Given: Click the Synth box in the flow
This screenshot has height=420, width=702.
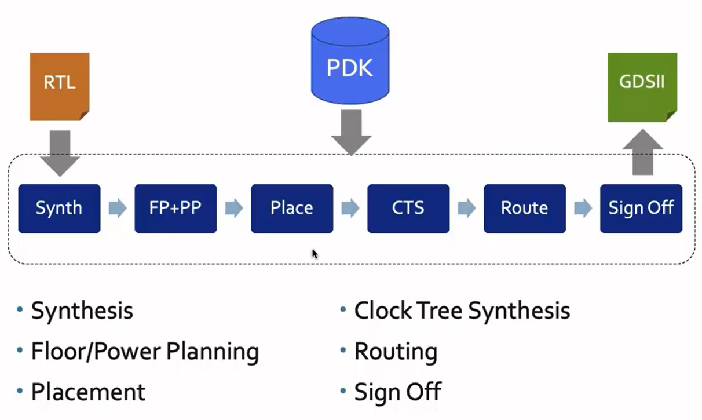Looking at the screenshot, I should pos(59,209).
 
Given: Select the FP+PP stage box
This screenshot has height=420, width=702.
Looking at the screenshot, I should pos(175,209).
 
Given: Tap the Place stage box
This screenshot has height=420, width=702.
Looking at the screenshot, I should pos(292,209).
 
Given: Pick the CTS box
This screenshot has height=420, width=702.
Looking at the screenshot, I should pos(408,209).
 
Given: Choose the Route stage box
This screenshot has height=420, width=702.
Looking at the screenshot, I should pos(525,209).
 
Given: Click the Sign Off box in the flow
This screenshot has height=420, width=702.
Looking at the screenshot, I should pos(641,209).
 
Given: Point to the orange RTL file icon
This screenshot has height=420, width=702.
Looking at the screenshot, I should pos(60,86).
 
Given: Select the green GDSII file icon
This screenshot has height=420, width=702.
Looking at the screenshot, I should pos(642,87).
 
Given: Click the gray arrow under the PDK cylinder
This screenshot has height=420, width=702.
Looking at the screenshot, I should pos(350,133).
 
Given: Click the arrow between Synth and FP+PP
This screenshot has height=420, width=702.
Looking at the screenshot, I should pos(118,209).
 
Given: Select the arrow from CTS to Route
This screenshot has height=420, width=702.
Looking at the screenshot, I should pos(467,209).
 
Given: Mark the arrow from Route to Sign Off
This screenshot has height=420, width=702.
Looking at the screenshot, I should pos(583,209).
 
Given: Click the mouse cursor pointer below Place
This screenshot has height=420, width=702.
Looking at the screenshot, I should pos(315,254).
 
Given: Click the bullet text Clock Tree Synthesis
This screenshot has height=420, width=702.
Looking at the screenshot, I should pos(462,311).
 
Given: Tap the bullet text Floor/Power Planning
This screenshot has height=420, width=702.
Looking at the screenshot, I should pos(145,352).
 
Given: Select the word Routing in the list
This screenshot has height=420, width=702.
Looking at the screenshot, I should pos(396,352).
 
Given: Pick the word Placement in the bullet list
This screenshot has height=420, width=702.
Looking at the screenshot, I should pos(88,392).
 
